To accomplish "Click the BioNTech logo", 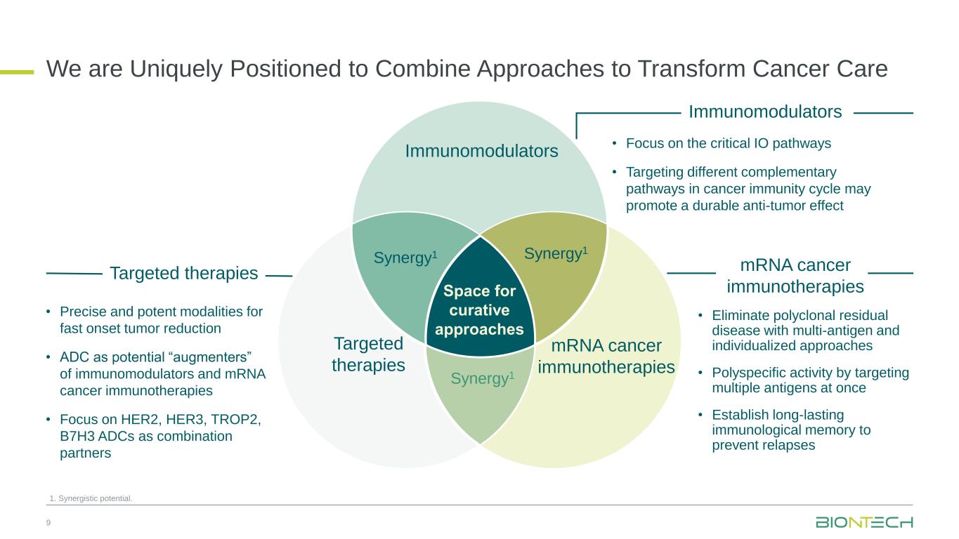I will (x=863, y=522).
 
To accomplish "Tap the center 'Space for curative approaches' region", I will (x=480, y=310).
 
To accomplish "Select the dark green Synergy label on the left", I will (x=405, y=258).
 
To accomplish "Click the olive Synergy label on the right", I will (x=556, y=253).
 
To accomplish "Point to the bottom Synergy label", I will (x=482, y=379).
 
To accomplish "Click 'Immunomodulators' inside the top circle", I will (x=481, y=151).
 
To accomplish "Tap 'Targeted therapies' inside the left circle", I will (x=368, y=354).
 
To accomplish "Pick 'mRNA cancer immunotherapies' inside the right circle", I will (x=606, y=356).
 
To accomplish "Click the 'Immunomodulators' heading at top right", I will (x=765, y=112).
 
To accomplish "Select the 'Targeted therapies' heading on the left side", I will (x=184, y=274).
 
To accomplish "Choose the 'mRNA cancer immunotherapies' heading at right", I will (x=795, y=276).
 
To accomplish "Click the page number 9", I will (x=48, y=523).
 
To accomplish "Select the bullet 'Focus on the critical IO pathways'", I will (x=728, y=144).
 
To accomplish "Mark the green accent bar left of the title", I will (x=17, y=71).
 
